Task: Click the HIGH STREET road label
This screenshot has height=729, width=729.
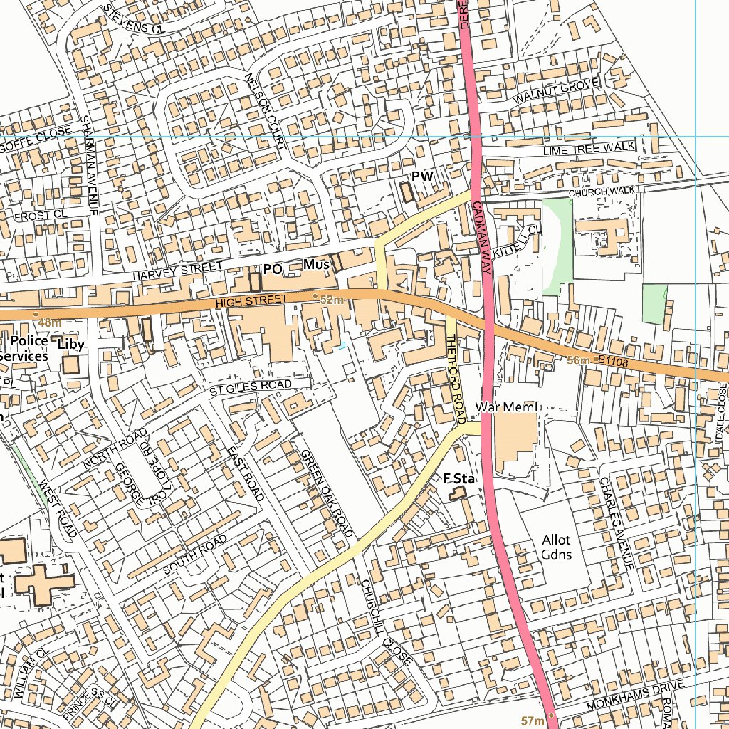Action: click(x=251, y=302)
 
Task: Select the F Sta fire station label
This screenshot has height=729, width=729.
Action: click(x=459, y=478)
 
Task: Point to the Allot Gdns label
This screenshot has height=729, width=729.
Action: click(x=556, y=547)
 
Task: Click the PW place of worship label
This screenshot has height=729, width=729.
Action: click(x=421, y=176)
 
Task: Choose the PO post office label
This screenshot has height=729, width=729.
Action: click(x=273, y=269)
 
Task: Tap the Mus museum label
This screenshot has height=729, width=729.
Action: click(x=316, y=265)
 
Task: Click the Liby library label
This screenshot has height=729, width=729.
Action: click(x=71, y=345)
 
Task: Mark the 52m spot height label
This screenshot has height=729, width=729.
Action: click(x=332, y=300)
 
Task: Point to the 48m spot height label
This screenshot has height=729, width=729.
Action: click(x=50, y=322)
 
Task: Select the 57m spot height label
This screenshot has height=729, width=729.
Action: click(x=533, y=721)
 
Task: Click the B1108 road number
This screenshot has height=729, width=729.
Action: click(x=614, y=362)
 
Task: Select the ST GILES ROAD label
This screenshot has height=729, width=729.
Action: click(x=250, y=388)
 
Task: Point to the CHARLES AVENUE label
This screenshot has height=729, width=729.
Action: click(x=616, y=522)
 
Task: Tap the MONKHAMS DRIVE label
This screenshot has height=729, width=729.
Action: click(x=635, y=696)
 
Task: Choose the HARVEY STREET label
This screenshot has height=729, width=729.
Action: click(x=177, y=271)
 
